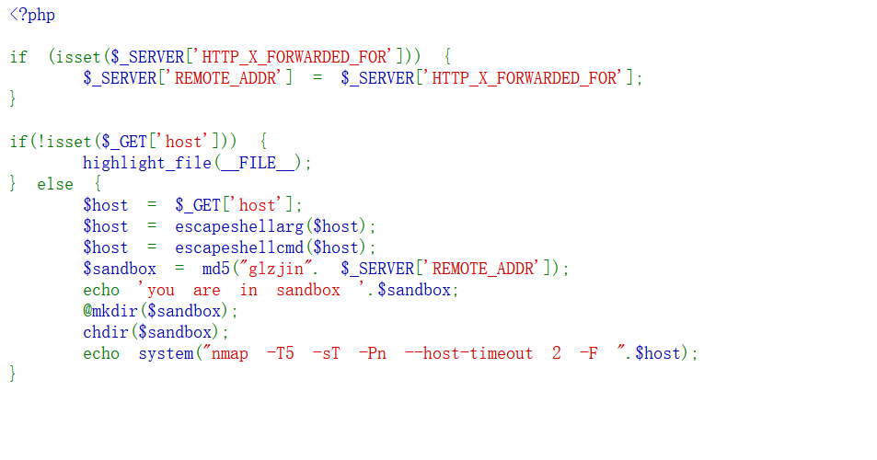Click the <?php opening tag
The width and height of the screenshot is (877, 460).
tap(32, 15)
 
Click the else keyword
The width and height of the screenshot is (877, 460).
tap(55, 184)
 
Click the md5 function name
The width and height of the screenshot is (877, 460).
tap(216, 269)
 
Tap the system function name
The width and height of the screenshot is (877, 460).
tap(166, 353)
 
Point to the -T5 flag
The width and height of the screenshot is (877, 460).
tap(280, 353)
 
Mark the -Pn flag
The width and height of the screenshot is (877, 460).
tap(373, 353)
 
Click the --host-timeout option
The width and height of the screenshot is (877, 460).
tap(468, 353)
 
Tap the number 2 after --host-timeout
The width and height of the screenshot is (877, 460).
tap(557, 353)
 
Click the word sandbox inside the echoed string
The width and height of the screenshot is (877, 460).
tap(308, 290)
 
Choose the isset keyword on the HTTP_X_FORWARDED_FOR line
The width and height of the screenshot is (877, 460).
tap(79, 57)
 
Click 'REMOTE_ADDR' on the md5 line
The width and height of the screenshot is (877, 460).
tap(484, 269)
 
